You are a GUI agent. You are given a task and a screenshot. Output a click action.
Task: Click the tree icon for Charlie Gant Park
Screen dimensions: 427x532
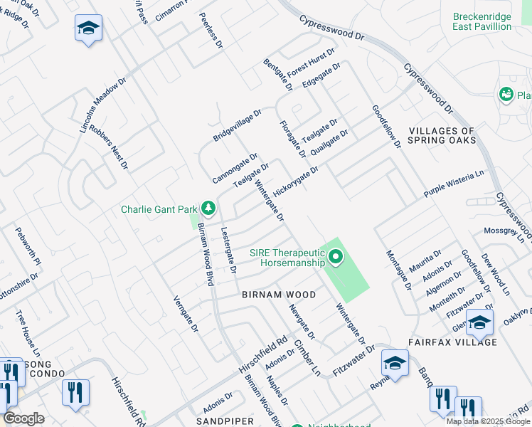[208, 209]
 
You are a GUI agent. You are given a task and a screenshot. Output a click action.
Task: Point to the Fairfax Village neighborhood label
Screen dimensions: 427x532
[452, 342]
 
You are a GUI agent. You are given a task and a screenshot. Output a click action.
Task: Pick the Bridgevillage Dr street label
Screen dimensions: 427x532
[238, 125]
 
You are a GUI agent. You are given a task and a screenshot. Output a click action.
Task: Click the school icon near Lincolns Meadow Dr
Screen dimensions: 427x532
[89, 28]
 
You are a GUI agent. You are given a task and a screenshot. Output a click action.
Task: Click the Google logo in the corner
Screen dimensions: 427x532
[24, 418]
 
